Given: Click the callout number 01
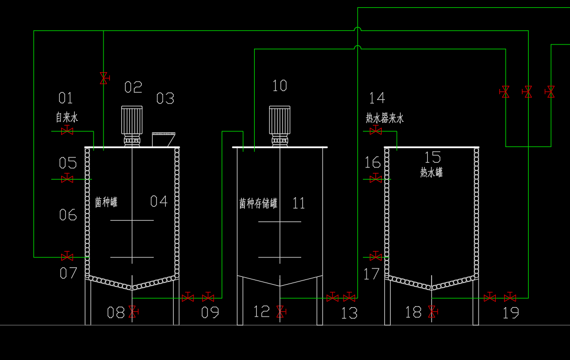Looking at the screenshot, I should coord(65,98).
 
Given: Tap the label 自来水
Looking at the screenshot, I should coord(67,117).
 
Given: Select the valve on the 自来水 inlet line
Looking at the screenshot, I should coord(67,131).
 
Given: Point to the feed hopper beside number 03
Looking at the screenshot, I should coord(163,139).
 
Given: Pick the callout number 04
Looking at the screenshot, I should coord(159,201).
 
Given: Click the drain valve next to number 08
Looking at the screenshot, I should coord(133,312).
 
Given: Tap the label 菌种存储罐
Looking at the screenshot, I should coord(258,204).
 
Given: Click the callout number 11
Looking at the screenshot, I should coord(299,203).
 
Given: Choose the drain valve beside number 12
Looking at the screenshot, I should coord(281,312).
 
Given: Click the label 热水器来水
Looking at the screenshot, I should coord(385,118).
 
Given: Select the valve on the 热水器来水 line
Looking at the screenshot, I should coord(375,131).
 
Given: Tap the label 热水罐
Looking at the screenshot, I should coord(431,172).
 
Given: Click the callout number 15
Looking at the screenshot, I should coord(432,157).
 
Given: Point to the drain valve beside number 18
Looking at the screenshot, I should coord(432,312).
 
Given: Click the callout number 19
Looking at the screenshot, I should coord(510,313).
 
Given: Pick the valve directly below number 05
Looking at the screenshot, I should coord(67,178).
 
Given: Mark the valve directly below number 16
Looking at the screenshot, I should coord(375,178).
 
